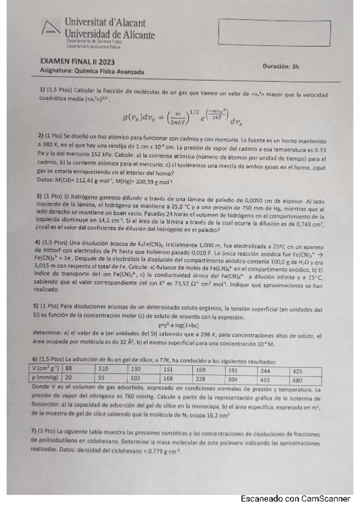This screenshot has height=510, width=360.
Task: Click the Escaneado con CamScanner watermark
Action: (x=295, y=499)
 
